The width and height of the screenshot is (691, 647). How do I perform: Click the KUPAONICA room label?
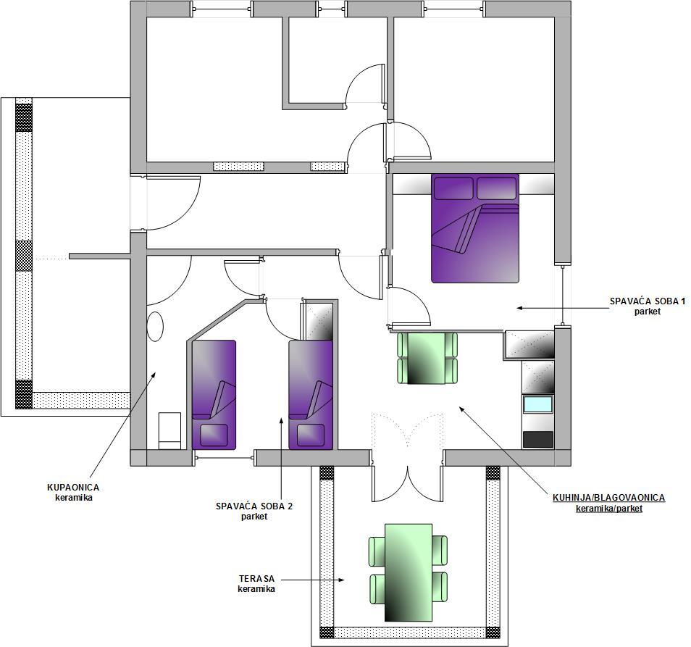[x=73, y=488]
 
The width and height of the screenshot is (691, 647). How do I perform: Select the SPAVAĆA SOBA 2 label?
[x=254, y=506]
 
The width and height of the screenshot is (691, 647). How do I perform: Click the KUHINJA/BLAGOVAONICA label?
[x=608, y=498]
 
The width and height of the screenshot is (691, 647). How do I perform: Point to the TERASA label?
[x=256, y=578]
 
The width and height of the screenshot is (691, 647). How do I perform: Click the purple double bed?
[x=475, y=228]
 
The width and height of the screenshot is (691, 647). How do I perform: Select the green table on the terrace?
[x=408, y=572]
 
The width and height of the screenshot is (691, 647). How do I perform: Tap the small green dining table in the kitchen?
[x=427, y=359]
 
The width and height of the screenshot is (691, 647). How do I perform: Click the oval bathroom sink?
[x=155, y=327]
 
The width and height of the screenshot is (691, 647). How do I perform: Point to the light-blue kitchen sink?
[x=537, y=404]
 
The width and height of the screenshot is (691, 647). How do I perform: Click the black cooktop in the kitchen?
[x=537, y=439]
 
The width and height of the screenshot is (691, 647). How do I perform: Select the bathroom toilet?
[x=169, y=430]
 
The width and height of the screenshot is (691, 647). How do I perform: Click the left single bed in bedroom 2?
[x=214, y=395]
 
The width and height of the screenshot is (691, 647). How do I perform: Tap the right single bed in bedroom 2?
[x=311, y=395]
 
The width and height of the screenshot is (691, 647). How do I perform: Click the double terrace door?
[x=407, y=459]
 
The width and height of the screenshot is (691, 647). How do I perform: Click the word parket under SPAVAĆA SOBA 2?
[x=254, y=516]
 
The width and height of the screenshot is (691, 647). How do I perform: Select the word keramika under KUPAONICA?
[x=74, y=498]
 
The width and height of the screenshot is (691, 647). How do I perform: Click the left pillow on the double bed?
[x=453, y=188]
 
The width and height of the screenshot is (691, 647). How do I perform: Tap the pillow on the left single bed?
[x=214, y=435]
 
